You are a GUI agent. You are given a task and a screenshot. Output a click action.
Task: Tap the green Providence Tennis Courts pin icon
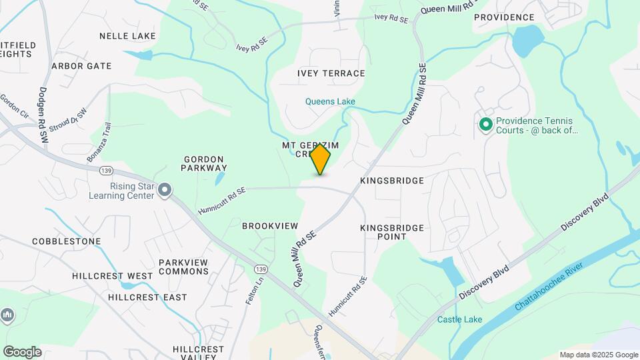[x=486, y=124]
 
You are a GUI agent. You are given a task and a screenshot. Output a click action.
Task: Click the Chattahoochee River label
[x=549, y=286]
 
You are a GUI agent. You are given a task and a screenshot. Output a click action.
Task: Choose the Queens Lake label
[x=330, y=102]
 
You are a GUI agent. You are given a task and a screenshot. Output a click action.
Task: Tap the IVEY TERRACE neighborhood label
[x=331, y=73]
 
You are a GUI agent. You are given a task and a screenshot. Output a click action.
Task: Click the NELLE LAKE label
[x=127, y=36]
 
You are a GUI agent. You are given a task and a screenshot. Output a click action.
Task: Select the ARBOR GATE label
[x=81, y=66]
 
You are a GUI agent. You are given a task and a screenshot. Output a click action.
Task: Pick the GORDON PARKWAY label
[x=205, y=163]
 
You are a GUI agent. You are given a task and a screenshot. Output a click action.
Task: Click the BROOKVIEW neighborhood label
[x=270, y=226]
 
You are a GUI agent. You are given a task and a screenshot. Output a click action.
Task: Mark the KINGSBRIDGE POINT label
[x=392, y=232]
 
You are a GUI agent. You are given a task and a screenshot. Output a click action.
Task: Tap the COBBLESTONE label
[x=66, y=241]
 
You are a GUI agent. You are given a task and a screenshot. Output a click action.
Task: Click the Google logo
[x=22, y=352]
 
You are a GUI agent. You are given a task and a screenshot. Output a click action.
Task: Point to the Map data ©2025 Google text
[x=599, y=355]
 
